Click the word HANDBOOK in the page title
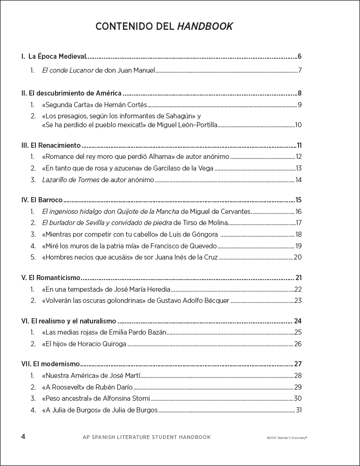[205, 27]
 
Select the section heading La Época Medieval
[57, 56]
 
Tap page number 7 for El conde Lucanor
[300, 71]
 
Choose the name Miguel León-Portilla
[186, 124]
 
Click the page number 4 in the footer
[23, 437]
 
